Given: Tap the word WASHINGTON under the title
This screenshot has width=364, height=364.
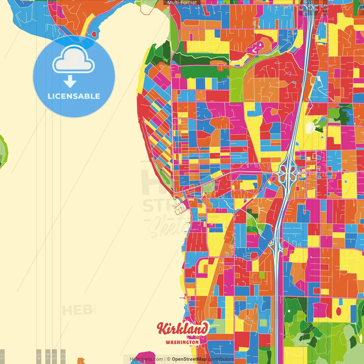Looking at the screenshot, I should (182, 342).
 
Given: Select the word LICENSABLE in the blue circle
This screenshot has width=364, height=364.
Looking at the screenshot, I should (74, 96).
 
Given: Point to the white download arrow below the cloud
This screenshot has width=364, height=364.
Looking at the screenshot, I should (70, 82).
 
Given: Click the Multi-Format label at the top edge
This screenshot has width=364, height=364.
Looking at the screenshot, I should (182, 3).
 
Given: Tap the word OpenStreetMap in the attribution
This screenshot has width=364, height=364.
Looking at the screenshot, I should (189, 359).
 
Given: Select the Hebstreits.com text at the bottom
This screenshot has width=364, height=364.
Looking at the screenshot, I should (146, 359).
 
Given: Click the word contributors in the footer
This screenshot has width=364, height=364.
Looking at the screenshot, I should (221, 359).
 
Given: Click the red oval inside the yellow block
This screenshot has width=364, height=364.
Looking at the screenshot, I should (338, 311).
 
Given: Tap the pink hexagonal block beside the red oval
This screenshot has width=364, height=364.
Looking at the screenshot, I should (320, 310).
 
